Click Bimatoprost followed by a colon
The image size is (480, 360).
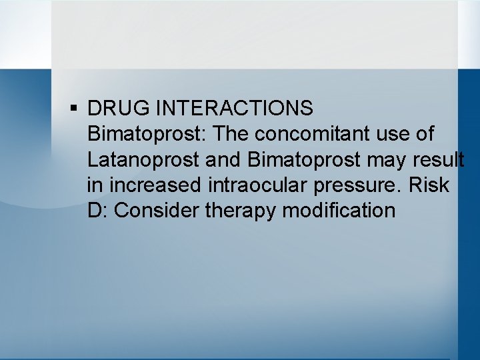coord(147,134)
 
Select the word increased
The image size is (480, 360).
coord(154,185)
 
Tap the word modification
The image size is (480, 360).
coord(339,211)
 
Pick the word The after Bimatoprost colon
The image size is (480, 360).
coord(231,134)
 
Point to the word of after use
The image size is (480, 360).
coord(426,134)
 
